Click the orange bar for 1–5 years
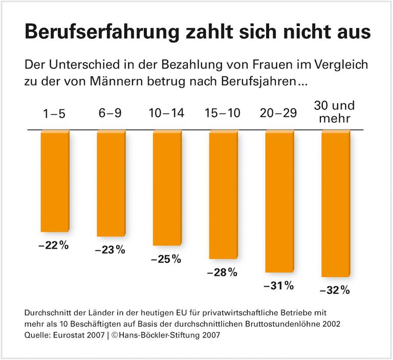(54, 181)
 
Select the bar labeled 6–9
(111, 184)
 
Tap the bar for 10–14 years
(167, 188)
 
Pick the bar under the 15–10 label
(223, 195)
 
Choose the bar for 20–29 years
(279, 201)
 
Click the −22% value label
(53, 245)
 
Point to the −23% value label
(110, 250)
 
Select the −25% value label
(166, 259)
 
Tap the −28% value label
(222, 272)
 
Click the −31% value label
(278, 286)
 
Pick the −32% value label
(334, 290)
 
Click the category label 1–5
(54, 114)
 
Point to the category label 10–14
(166, 114)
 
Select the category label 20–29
(279, 114)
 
